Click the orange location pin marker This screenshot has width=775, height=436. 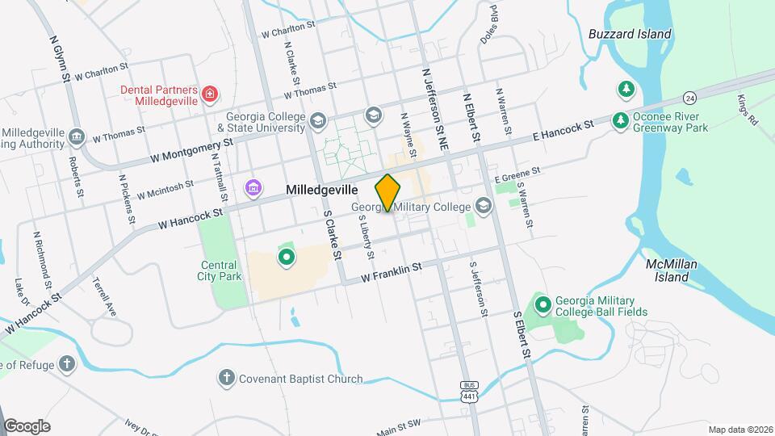click(x=388, y=193)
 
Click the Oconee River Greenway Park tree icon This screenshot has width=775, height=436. click(x=621, y=120)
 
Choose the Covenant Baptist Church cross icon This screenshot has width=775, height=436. click(x=227, y=377)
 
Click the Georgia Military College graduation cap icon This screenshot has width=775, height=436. click(x=483, y=207)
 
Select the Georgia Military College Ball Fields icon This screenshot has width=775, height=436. click(x=543, y=304)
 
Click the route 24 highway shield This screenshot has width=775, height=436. click(x=689, y=98)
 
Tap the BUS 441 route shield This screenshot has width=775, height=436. click(x=469, y=392)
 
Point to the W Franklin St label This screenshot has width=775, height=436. click(x=392, y=271)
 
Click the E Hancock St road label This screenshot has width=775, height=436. click(x=563, y=129)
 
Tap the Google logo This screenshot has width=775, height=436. click(x=27, y=426)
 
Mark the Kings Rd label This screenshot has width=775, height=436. click(x=747, y=110)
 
